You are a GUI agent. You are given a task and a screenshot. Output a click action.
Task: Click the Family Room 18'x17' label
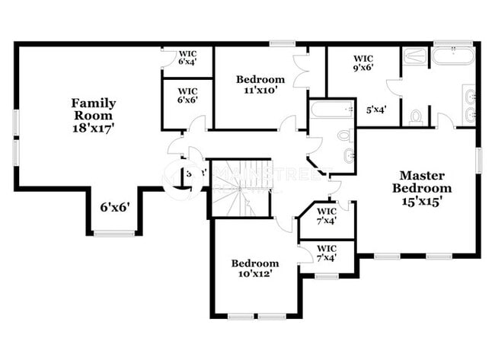tap(94, 115)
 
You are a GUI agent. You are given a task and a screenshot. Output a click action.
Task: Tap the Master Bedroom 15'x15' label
tap(421, 188)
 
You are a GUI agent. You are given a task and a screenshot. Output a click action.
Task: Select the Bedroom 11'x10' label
tap(260, 84)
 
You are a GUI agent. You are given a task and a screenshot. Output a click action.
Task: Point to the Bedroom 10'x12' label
tap(256, 269)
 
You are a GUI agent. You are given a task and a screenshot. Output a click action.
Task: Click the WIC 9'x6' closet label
tap(363, 62)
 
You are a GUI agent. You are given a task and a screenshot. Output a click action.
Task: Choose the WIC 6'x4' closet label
tap(187, 58)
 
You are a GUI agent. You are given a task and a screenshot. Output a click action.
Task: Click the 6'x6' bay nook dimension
tap(115, 207)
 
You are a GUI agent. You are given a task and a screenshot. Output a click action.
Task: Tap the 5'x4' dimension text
tap(376, 110)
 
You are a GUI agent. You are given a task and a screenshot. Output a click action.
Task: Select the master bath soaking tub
tap(452, 56)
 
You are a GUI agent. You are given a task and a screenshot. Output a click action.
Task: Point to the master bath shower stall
tap(416, 56)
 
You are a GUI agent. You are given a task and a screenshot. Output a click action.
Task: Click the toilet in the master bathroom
tap(416, 117)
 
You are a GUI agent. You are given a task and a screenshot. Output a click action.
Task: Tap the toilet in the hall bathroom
tap(344, 135)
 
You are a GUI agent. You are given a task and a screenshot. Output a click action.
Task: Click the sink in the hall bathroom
tap(347, 156)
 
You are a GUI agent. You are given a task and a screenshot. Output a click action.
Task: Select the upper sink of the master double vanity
tap(469, 97)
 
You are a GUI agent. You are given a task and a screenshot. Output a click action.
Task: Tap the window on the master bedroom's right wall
tap(477, 159)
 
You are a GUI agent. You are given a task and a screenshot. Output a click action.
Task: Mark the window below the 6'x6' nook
tap(114, 233)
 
